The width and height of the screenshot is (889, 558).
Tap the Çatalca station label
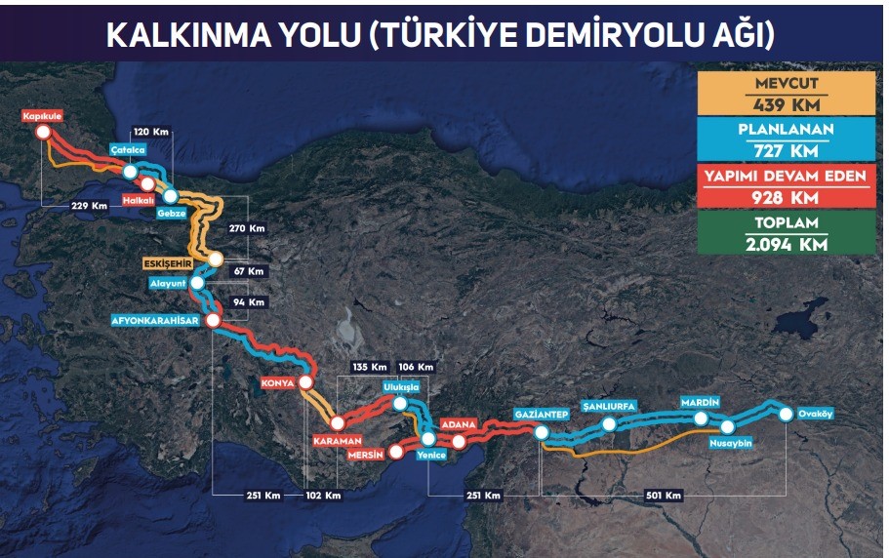(129, 150)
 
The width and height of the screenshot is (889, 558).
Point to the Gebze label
(171, 212)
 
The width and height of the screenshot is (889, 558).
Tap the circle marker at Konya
(306, 381)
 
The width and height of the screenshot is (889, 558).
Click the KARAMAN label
(338, 440)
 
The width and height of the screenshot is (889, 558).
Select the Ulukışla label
(401, 386)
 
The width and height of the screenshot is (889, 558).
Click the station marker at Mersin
(395, 452)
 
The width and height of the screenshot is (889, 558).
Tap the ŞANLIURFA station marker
(609, 424)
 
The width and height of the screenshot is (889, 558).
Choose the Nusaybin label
(730, 441)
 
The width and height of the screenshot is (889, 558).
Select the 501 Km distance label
(663, 496)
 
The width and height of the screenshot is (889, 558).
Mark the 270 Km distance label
(249, 228)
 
